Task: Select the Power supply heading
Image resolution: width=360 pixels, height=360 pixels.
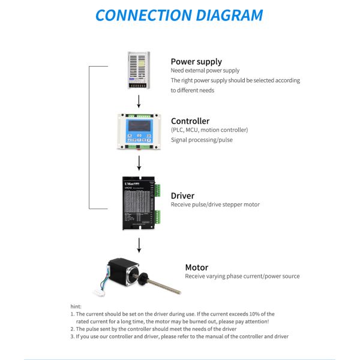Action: (x=196, y=61)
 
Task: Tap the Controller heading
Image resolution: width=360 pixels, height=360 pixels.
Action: (x=190, y=121)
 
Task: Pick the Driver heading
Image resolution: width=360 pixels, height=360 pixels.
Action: (x=182, y=196)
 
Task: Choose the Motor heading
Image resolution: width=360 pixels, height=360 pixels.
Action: (x=196, y=267)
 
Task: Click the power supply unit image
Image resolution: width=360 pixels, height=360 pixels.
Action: (x=139, y=70)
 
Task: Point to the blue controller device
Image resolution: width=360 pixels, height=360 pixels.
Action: (x=139, y=130)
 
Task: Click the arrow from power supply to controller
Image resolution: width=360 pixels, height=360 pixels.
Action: (x=139, y=101)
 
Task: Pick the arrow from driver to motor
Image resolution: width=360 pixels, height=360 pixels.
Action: (x=139, y=244)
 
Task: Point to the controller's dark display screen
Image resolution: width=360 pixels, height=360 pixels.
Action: (x=139, y=127)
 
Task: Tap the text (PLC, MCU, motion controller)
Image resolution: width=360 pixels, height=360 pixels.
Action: (x=209, y=130)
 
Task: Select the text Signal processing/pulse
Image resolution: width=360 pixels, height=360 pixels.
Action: (x=202, y=140)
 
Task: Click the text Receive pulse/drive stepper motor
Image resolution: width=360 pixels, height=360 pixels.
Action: (x=215, y=205)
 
